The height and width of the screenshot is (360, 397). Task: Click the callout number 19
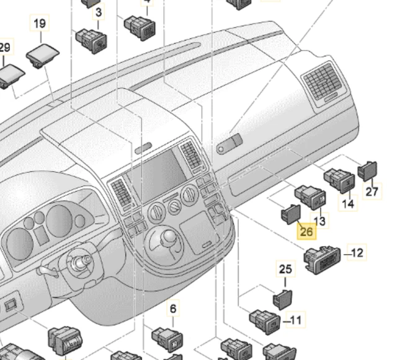pos(39,24)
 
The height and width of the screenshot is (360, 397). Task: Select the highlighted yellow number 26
pos(306,232)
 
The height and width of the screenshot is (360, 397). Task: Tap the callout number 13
pos(320,220)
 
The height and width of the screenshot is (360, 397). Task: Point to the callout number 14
pos(348,203)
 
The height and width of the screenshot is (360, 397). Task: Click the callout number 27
pos(371,191)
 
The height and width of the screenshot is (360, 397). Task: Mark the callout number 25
pos(285,270)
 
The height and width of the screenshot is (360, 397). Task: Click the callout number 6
pos(172,309)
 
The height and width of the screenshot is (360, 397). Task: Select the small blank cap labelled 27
pos(368,168)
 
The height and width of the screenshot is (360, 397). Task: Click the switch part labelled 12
pos(322,258)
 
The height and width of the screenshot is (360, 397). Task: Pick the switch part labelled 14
pos(341,180)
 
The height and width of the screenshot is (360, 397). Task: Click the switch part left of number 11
pos(266,320)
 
